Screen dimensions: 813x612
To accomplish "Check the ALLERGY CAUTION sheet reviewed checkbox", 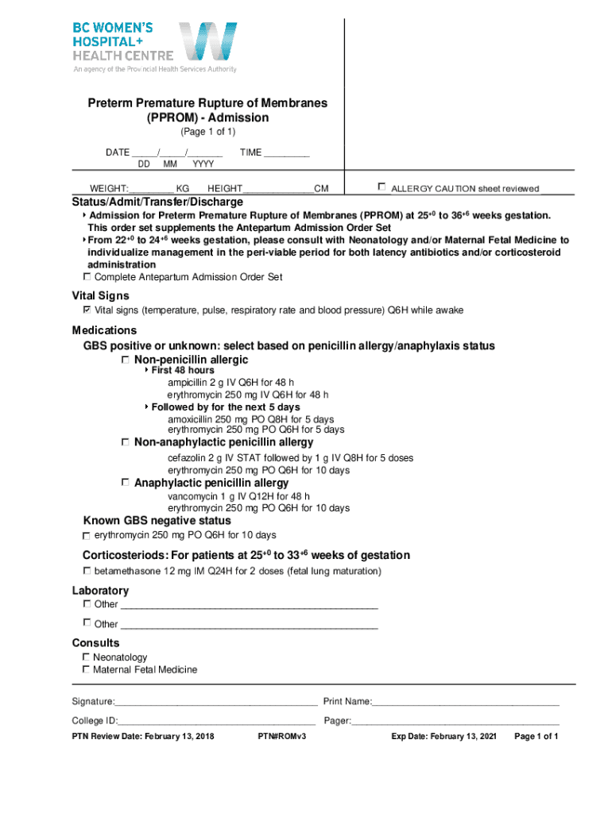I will [382, 187].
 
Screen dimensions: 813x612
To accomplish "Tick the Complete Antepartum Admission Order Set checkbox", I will [87, 276].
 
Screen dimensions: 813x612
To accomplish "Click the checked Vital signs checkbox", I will [87, 310].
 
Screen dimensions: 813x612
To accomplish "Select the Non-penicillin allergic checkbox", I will [126, 360].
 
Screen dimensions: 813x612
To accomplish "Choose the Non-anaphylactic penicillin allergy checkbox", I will [126, 441].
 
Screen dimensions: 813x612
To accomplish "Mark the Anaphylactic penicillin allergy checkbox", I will [126, 482].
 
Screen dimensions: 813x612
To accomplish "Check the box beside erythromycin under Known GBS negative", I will [87, 536].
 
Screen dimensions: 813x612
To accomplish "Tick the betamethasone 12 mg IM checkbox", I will [87, 571].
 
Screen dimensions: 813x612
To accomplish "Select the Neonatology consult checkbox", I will [87, 657].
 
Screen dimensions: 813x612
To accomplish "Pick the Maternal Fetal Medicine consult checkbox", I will [87, 669].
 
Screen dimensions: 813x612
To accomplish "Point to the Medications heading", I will [104, 330].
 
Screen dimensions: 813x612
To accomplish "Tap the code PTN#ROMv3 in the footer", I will [282, 737].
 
